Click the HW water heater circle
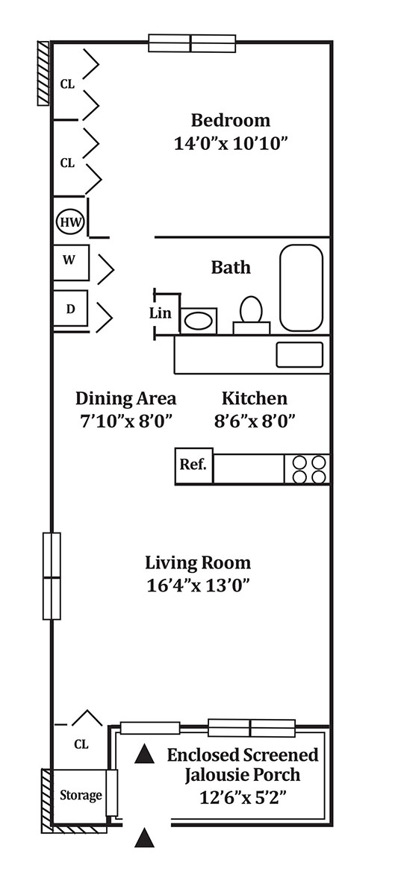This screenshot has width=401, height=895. [70, 222]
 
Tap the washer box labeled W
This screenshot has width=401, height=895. [71, 263]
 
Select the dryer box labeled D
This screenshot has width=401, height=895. [70, 309]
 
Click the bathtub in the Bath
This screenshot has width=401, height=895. [302, 288]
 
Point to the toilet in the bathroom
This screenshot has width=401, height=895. [252, 315]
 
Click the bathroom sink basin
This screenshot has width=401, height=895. [199, 321]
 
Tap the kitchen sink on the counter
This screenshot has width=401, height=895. [299, 355]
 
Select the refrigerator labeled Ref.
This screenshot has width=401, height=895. [193, 466]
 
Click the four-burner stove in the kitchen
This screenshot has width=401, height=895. [307, 469]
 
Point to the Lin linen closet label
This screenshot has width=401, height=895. [160, 313]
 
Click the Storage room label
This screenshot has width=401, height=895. [81, 795]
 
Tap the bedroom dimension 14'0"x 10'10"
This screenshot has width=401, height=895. [231, 143]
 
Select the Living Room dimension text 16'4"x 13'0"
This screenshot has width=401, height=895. [199, 585]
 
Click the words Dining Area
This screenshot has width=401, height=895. [125, 399]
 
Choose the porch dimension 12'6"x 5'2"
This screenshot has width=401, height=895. [243, 798]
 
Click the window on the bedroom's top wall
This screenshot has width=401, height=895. [192, 43]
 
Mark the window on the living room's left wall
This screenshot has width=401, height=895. [52, 576]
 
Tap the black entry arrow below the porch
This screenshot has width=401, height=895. [144, 838]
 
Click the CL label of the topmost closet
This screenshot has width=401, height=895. [67, 84]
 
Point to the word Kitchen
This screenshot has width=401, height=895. [255, 398]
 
